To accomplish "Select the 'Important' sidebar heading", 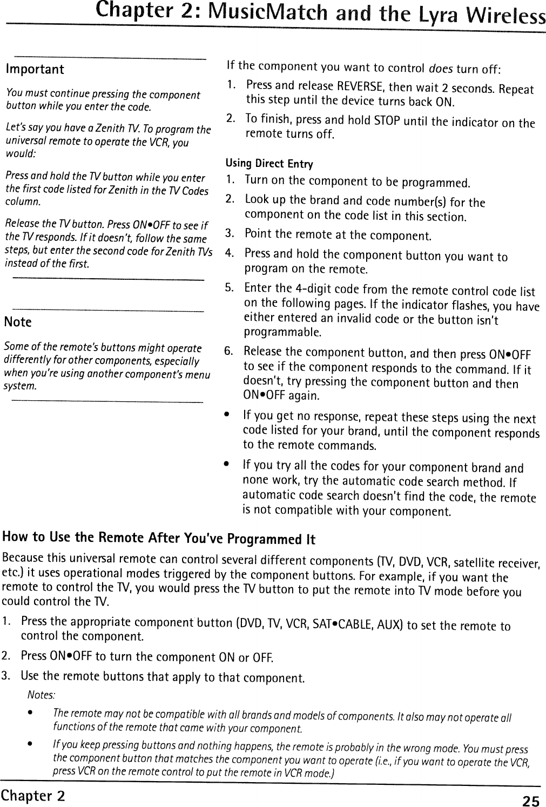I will click(35, 70).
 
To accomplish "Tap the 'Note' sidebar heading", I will click(18, 322).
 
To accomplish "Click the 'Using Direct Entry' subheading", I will click(269, 163).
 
